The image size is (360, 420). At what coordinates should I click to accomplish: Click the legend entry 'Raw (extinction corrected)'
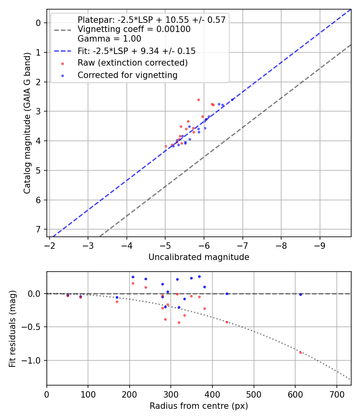point(132,63)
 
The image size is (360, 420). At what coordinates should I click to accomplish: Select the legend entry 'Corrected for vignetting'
point(127,75)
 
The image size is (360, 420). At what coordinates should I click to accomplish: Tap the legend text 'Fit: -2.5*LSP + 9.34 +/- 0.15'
point(136,51)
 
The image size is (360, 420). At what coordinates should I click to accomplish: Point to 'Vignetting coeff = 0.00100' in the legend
point(134,29)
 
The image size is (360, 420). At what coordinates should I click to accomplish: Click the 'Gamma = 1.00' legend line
point(109,39)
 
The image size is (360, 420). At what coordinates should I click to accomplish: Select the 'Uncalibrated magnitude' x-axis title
point(199,257)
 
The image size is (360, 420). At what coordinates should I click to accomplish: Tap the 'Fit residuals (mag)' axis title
point(12,328)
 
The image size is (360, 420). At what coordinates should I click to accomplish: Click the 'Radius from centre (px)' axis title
point(199,406)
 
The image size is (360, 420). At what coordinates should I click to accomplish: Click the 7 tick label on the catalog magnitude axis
point(39,229)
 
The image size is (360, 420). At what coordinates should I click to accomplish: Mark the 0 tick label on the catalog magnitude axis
point(39,23)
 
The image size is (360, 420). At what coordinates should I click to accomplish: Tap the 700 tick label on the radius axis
point(336,394)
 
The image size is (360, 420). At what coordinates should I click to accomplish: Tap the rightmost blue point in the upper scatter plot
point(232,100)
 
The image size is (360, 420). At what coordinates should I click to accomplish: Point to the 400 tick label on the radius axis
point(212,394)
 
